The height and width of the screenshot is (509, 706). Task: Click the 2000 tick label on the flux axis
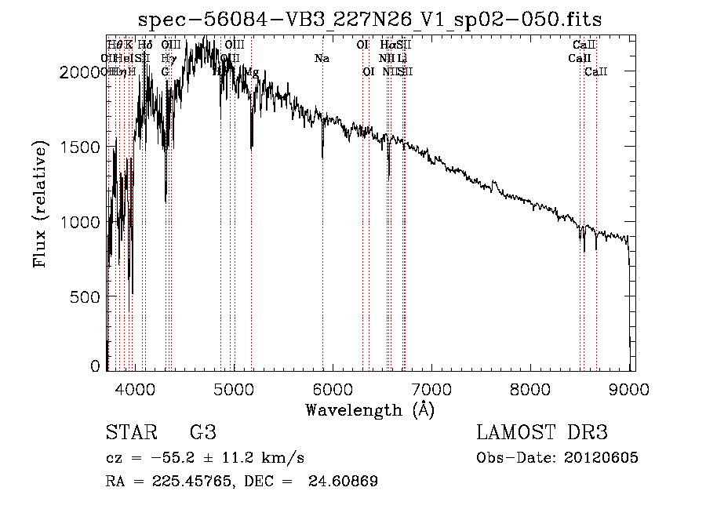tap(81, 72)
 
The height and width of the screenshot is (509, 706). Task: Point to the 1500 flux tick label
tap(81, 147)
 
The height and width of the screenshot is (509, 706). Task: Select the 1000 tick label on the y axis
tap(81, 222)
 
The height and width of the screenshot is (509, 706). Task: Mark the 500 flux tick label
tap(86, 297)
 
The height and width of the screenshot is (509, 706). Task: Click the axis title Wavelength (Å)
tap(369, 409)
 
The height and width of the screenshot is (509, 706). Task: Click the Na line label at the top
tap(322, 59)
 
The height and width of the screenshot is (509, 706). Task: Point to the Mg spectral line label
tap(252, 72)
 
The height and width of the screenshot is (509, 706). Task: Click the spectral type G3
tap(202, 433)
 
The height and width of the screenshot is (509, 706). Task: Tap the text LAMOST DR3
tap(542, 433)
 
